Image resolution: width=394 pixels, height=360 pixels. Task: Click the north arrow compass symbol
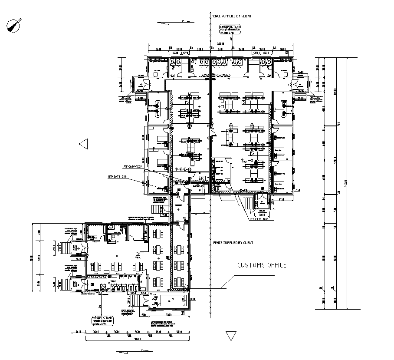[x=15, y=25]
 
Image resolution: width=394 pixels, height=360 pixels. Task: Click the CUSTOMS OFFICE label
[x=262, y=265]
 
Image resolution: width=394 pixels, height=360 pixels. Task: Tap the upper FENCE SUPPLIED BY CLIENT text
[x=231, y=16]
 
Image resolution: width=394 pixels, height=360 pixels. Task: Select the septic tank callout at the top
[x=229, y=30]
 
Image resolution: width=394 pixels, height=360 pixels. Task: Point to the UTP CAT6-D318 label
[x=117, y=177]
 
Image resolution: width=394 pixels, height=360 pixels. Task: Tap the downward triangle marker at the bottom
[x=230, y=336]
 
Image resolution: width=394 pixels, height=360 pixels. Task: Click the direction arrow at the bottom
[x=129, y=350]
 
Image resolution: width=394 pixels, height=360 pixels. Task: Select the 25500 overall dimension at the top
[x=220, y=44]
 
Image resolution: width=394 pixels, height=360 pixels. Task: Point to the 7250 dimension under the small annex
[x=170, y=314]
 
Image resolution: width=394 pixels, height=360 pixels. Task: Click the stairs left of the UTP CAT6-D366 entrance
[x=249, y=202]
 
